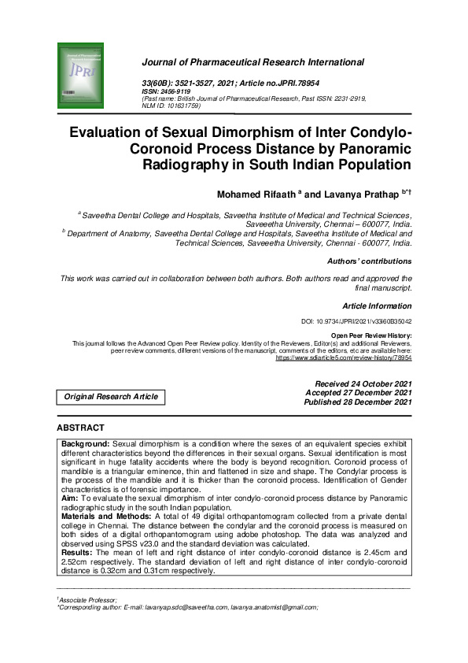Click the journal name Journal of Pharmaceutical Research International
point(252,61)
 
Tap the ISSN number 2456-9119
point(178,91)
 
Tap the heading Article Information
point(378,305)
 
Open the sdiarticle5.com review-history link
point(344,357)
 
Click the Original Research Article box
point(111,397)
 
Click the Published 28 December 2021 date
point(358,402)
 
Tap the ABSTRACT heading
point(80,428)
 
